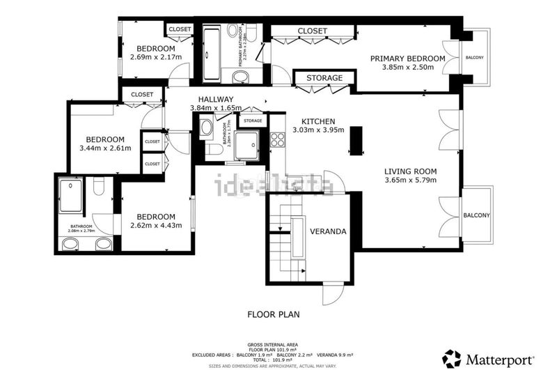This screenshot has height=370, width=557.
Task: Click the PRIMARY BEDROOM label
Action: (407, 58)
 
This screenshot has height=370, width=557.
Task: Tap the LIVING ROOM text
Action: (410, 171)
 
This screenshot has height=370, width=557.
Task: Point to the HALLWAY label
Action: (215, 99)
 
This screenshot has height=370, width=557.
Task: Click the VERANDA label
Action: (329, 231)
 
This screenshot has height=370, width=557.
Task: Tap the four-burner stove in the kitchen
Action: (277, 139)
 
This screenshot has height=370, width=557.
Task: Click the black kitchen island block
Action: (356, 140)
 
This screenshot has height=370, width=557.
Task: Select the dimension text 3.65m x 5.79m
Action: (410, 181)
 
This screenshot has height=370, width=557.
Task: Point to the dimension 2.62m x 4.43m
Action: (156, 225)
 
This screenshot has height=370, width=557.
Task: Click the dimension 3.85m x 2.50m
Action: (407, 68)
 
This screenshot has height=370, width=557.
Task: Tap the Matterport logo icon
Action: (452, 359)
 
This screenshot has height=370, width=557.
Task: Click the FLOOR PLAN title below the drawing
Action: (274, 314)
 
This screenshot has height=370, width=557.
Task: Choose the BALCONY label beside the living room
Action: (476, 215)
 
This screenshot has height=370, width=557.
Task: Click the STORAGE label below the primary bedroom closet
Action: (324, 78)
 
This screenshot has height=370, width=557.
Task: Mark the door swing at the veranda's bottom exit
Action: (332, 294)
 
